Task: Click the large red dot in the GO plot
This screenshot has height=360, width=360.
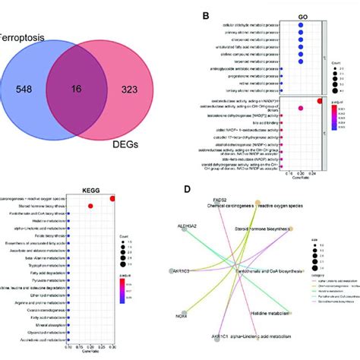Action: tap(320, 101)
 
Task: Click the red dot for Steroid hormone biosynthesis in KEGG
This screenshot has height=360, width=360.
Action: tap(91, 206)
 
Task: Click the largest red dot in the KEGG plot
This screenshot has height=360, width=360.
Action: tap(113, 199)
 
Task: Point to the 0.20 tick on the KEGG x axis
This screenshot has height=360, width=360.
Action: tap(90, 349)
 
